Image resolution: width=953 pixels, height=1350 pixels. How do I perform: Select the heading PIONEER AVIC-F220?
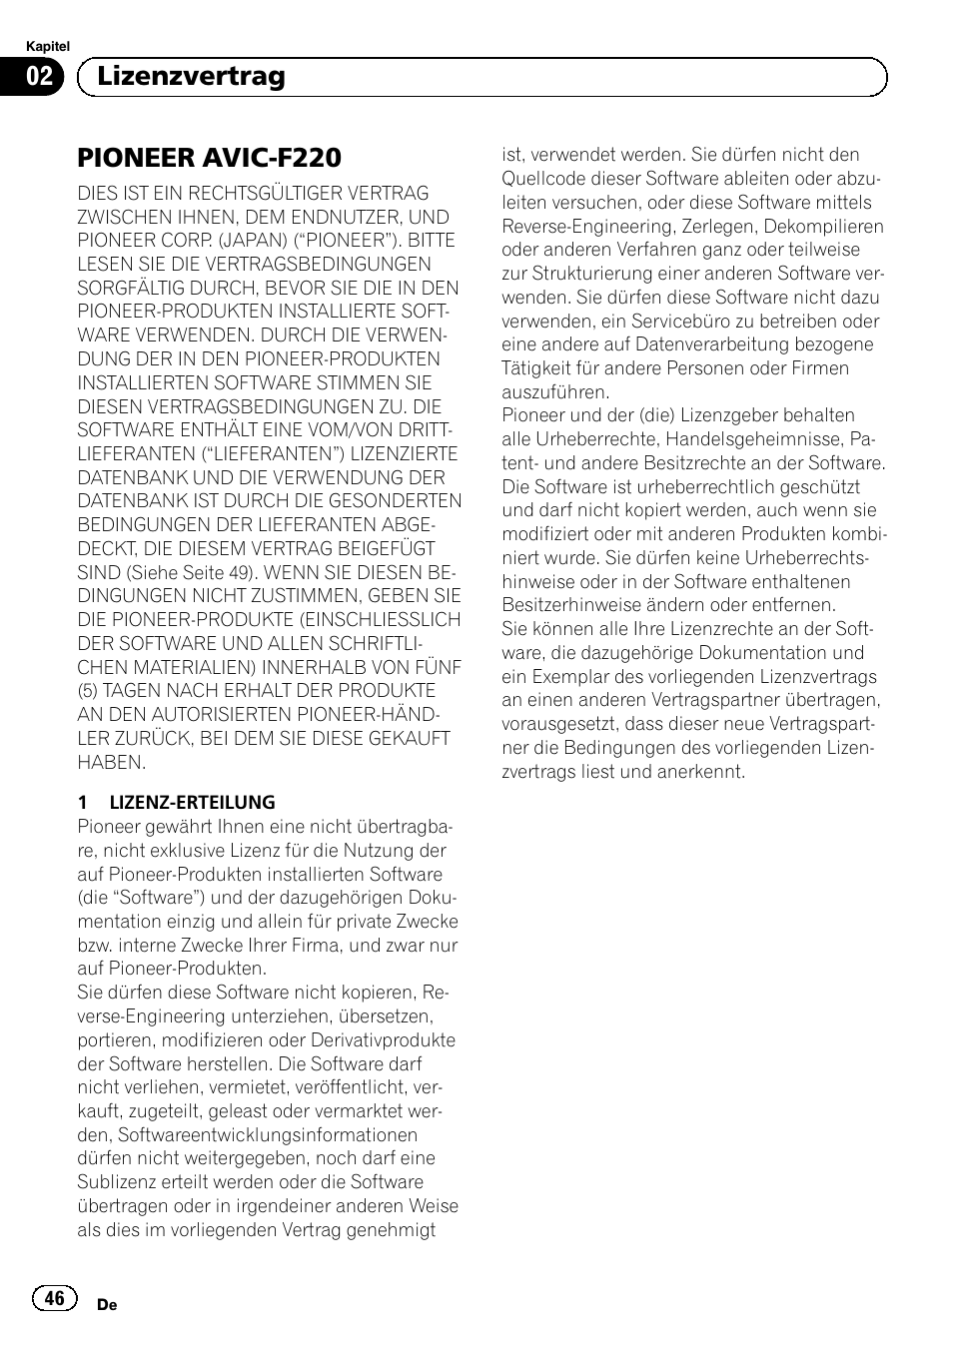coord(210,158)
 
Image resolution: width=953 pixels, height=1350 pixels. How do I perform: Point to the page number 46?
coord(54,1297)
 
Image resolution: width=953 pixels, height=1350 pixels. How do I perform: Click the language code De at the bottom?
coord(107,1305)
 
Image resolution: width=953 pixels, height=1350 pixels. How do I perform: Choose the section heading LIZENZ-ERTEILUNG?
coord(192,802)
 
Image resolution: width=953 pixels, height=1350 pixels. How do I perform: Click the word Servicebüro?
coord(674,321)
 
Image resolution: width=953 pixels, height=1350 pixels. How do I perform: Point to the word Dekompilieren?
coord(821,227)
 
